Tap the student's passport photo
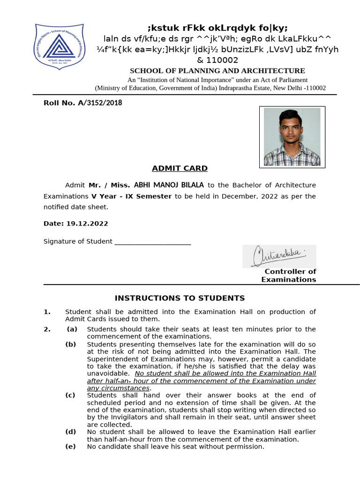coord(292,137)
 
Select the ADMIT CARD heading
coord(180,168)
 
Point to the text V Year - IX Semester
coord(131,196)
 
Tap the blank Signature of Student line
coord(153,242)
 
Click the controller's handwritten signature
coord(279,256)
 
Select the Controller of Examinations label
coord(290,276)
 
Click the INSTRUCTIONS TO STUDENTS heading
coord(180,298)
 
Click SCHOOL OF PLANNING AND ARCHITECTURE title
coord(217,71)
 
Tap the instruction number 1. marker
coord(47,312)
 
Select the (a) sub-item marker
coord(71,329)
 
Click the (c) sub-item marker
coord(70,395)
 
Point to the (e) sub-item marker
coord(70,447)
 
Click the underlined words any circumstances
coord(119,388)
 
